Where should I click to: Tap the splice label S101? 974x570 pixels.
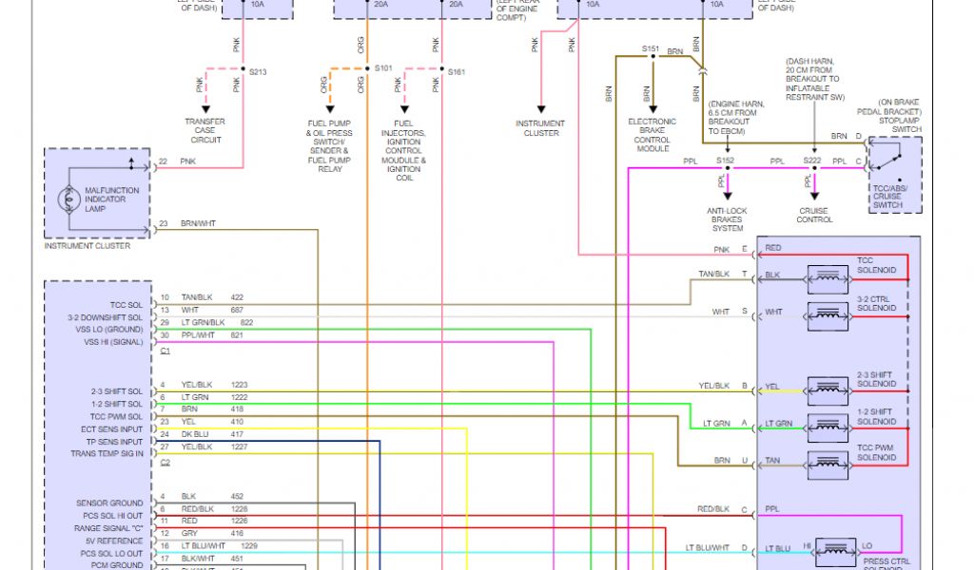[x=383, y=69]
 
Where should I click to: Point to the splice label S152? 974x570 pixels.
[x=725, y=161]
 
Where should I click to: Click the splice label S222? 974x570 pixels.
[x=811, y=161]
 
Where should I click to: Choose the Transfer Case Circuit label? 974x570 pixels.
[x=205, y=131]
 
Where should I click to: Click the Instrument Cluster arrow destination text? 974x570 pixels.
[x=539, y=128]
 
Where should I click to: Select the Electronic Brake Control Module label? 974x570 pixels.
[x=653, y=135]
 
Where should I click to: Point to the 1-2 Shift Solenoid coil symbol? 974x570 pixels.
[x=827, y=425]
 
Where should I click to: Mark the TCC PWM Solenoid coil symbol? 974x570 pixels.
[x=827, y=463]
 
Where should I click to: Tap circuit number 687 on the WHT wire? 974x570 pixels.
[x=237, y=310]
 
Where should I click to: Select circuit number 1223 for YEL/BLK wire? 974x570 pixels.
[x=239, y=385]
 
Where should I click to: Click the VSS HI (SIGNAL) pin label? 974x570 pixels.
[x=113, y=342]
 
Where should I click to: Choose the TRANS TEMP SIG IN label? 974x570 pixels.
[x=107, y=453]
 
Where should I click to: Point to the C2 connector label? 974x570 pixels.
[x=165, y=462]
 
